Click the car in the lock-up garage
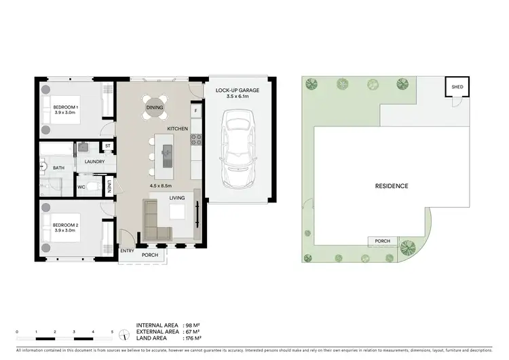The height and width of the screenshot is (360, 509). [239, 151]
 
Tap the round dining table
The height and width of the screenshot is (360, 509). [155, 107]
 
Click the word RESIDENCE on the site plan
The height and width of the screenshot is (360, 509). [391, 185]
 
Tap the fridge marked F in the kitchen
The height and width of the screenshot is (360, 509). [196, 110]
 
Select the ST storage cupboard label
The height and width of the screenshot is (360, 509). [107, 146]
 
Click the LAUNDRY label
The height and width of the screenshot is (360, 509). [94, 162]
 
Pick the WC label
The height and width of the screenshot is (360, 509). [81, 186]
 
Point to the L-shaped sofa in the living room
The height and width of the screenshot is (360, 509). [155, 221]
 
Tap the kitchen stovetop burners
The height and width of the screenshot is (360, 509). [196, 141]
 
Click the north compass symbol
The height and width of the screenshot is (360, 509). [124, 334]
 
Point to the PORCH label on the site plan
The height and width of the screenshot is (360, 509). [382, 241]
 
